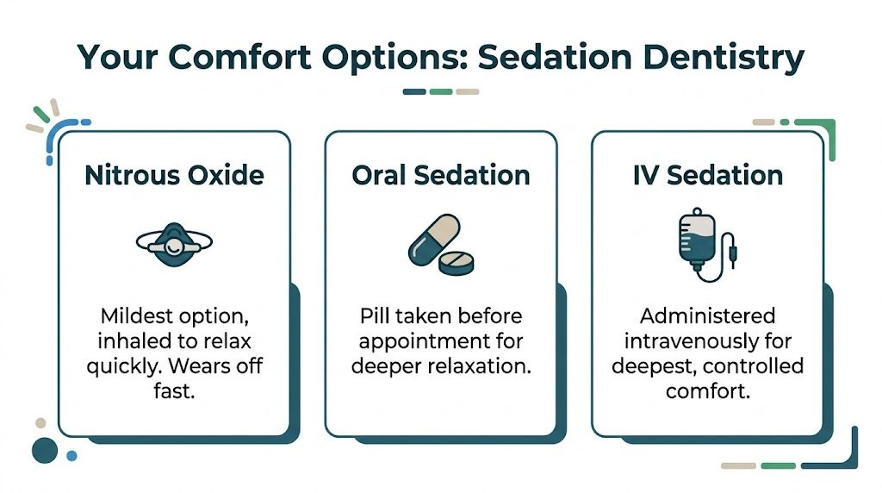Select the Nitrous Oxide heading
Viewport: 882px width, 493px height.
174,175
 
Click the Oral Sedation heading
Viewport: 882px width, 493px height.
441,175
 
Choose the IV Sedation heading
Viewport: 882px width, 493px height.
708,175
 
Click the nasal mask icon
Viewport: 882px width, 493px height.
174,242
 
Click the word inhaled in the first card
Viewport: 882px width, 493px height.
135,340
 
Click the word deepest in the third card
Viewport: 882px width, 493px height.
653,365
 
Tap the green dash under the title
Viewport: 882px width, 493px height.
441,91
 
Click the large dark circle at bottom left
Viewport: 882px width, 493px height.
43,449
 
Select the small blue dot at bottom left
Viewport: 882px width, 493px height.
71,455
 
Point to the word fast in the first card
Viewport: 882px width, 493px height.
174,390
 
